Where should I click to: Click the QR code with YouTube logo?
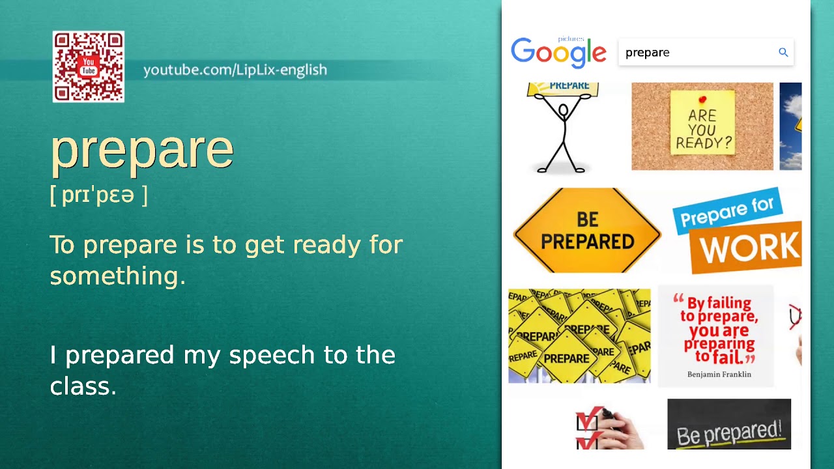pyautogui.click(x=89, y=67)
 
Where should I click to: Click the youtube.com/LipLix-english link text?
pyautogui.click(x=235, y=70)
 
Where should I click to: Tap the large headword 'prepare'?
pyautogui.click(x=142, y=150)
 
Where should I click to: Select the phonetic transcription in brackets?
pyautogui.click(x=99, y=195)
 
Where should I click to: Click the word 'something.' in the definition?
pyautogui.click(x=118, y=276)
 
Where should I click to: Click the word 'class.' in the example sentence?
pyautogui.click(x=83, y=386)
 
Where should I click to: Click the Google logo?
pyautogui.click(x=558, y=52)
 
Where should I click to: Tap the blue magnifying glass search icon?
pyautogui.click(x=783, y=53)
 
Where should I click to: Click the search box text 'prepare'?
pyautogui.click(x=647, y=53)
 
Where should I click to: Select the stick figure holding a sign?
pyautogui.click(x=562, y=128)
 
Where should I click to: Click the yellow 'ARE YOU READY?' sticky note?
pyautogui.click(x=702, y=123)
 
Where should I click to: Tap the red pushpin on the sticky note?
pyautogui.click(x=702, y=100)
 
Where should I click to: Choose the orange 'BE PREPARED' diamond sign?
pyautogui.click(x=587, y=231)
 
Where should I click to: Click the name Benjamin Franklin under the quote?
pyautogui.click(x=719, y=375)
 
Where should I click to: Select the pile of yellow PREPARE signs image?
pyautogui.click(x=579, y=335)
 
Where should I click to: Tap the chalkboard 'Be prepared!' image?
pyautogui.click(x=728, y=425)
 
